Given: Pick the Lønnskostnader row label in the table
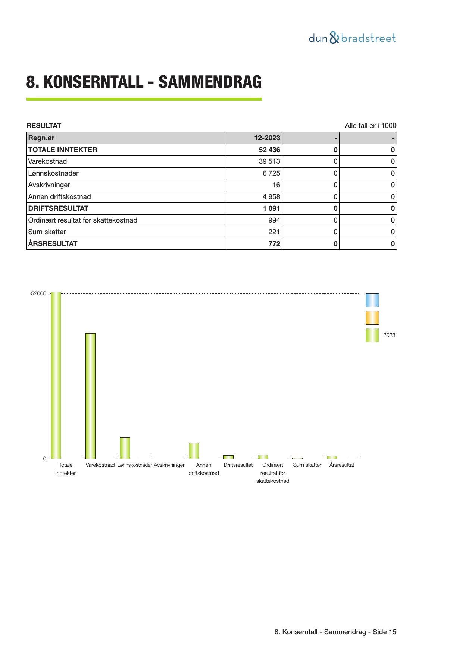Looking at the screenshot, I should tap(53, 173).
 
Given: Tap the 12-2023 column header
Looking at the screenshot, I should tap(267, 138).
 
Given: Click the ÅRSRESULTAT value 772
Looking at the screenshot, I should tap(274, 244).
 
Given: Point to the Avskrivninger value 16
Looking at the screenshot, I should tap(276, 185).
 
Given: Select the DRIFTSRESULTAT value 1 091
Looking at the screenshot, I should tap(271, 208).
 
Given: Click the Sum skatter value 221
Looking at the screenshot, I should tap(274, 232).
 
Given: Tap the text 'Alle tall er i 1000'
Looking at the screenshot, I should tap(370, 126).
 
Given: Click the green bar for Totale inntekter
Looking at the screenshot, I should tap(56, 375).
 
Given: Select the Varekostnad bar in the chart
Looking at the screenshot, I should tap(90, 396).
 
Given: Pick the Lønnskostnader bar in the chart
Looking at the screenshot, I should tap(125, 448).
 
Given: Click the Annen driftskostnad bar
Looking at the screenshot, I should tap(194, 450).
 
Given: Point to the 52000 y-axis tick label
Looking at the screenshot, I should tap(38, 294).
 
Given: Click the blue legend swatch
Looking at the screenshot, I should tap(372, 300).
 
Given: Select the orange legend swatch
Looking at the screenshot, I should tap(372, 318).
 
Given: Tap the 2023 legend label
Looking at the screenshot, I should tap(389, 335).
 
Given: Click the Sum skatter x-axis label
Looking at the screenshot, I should tap(307, 465).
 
